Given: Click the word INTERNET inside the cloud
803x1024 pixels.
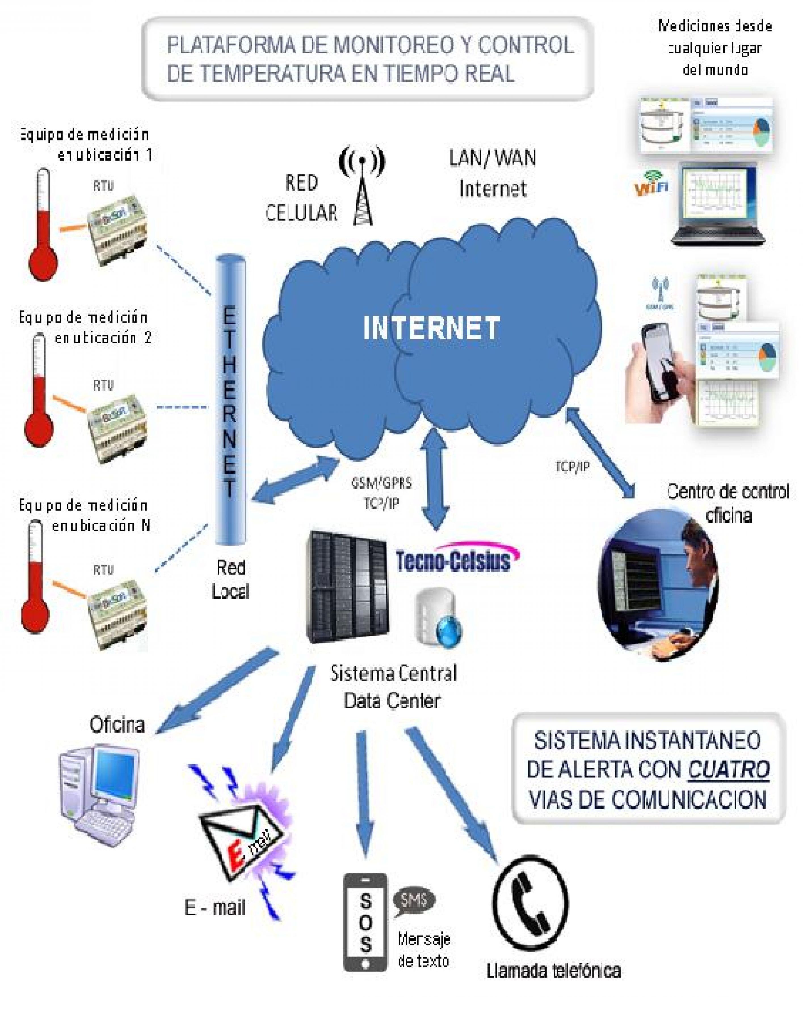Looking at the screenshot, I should [431, 328].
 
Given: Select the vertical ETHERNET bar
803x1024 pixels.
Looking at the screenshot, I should [230, 399].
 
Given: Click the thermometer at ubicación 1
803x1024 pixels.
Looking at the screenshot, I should [43, 226].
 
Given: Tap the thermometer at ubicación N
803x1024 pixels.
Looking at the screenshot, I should [35, 578].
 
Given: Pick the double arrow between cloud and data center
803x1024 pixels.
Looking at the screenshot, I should [435, 480].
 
